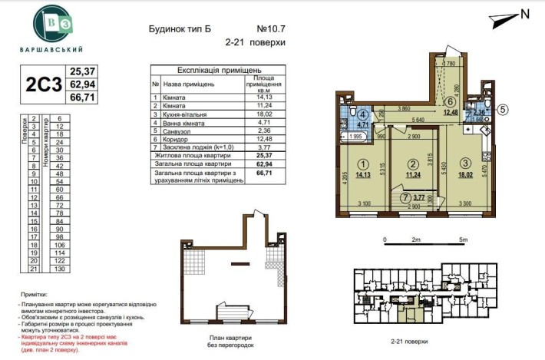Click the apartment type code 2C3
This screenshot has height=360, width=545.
point(43,84)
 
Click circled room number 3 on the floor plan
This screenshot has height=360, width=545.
point(466,163)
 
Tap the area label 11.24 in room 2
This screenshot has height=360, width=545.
point(413,173)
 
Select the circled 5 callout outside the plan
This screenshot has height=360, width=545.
point(502,109)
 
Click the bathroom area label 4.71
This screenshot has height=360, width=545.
point(364,124)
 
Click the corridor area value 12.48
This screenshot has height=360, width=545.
point(451,112)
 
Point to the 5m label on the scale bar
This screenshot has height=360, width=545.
point(462,240)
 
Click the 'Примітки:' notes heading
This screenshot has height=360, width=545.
point(35,294)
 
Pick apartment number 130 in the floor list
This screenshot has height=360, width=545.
point(58,269)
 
